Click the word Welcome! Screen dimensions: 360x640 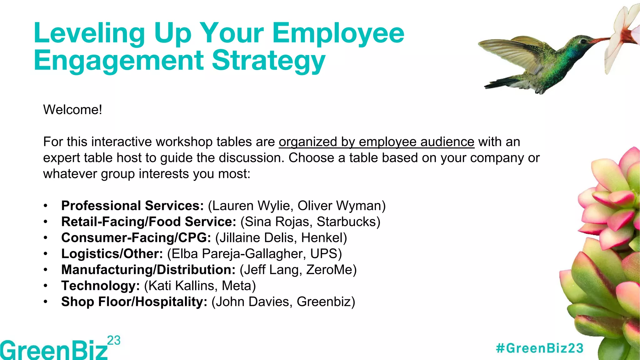click(72, 110)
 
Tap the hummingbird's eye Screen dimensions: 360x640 click(582, 41)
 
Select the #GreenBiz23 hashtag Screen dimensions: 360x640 click(540, 348)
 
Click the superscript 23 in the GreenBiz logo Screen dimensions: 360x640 click(114, 340)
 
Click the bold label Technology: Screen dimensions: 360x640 click(100, 286)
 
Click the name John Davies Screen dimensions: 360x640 click(254, 302)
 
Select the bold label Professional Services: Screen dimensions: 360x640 click(132, 206)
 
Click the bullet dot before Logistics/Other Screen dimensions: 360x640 click(46, 254)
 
